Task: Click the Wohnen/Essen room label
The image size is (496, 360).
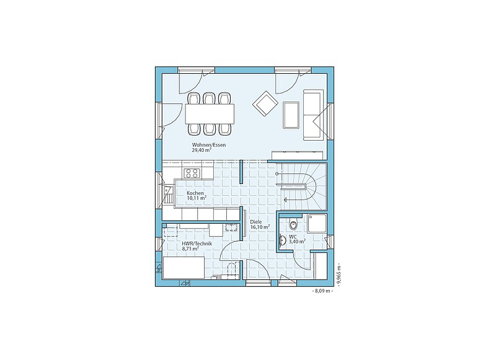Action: [x=209, y=145]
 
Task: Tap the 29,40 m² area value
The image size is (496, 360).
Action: [x=201, y=150]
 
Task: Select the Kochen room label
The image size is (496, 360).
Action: [x=195, y=193]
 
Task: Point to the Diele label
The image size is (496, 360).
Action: [x=256, y=222]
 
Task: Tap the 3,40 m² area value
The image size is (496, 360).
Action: [x=297, y=242]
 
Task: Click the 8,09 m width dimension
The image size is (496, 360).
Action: [x=322, y=291]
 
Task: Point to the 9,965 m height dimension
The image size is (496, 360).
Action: [x=338, y=274]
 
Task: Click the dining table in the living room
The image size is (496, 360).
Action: [x=210, y=114]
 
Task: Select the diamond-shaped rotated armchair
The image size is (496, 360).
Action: [x=265, y=103]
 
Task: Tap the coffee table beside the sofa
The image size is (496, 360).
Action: [x=291, y=115]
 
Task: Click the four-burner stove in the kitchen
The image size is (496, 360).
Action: [x=192, y=173]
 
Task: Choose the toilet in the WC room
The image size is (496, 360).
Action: [x=293, y=224]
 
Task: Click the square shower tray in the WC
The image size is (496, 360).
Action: [x=317, y=223]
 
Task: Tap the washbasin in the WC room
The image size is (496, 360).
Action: [x=282, y=240]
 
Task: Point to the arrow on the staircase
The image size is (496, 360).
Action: [x=294, y=200]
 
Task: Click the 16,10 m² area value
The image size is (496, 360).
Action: [x=260, y=227]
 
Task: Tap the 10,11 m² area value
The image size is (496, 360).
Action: [x=197, y=198]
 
